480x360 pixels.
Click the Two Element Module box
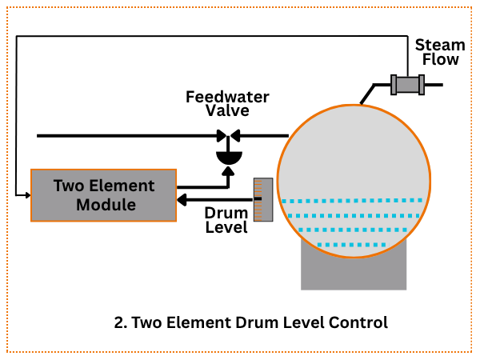tap(103, 195)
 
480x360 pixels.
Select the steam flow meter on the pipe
tap(406, 84)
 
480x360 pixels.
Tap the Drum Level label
tap(226, 220)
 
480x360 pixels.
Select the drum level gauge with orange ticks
tap(263, 199)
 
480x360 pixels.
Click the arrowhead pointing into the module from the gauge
tap(182, 199)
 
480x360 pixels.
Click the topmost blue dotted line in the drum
tap(352, 201)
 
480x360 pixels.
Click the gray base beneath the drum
tap(353, 272)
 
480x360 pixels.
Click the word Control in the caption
tap(358, 323)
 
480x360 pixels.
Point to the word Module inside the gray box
tap(103, 206)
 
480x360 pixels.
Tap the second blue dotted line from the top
tap(353, 215)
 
